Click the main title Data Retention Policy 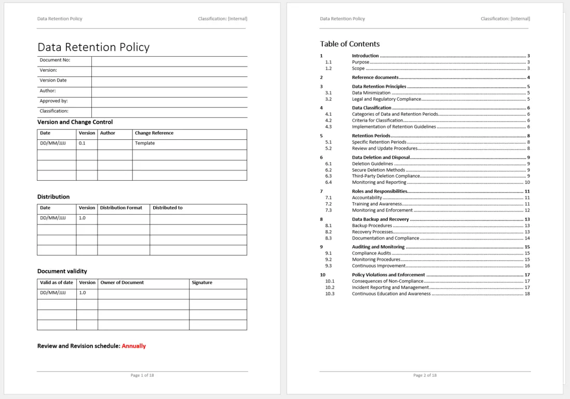[x=93, y=47]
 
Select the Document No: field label [x=55, y=60]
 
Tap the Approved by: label [x=53, y=101]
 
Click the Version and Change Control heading [x=75, y=122]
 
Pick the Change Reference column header [x=154, y=133]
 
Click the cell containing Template [x=145, y=143]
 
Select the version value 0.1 [x=82, y=143]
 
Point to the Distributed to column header [x=168, y=208]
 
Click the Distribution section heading [x=53, y=197]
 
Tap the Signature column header [x=202, y=283]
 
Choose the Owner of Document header [x=122, y=283]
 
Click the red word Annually [x=134, y=346]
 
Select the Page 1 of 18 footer [x=142, y=375]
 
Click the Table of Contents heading [x=349, y=44]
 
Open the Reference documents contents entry [x=375, y=77]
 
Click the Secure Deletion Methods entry [x=378, y=170]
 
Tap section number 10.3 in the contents [x=330, y=294]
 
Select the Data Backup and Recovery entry [x=380, y=219]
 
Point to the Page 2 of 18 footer [x=425, y=375]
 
